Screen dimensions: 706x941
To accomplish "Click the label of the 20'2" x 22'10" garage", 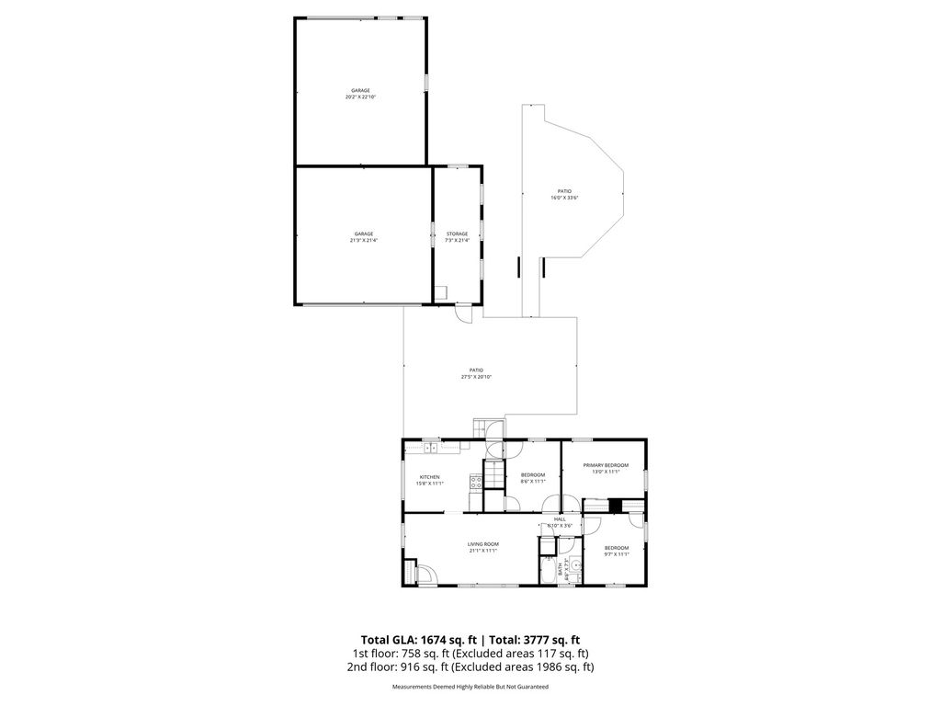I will click(360, 93).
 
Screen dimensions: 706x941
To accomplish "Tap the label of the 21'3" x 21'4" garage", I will click(363, 236).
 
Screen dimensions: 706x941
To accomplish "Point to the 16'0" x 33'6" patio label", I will click(564, 194).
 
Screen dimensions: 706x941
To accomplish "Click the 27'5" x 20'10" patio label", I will click(476, 373).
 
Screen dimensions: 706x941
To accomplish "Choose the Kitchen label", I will click(430, 479).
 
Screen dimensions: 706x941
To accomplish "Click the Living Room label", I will click(483, 547).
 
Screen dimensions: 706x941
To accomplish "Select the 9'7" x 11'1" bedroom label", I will click(617, 551).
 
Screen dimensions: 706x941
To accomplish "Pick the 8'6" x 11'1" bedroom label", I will click(533, 478).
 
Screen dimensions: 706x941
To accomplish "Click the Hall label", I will click(560, 521).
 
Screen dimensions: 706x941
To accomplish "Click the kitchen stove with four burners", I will click(475, 481).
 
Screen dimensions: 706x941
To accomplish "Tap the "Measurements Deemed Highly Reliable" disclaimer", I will click(470, 687).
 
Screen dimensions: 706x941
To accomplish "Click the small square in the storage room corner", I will click(442, 293).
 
